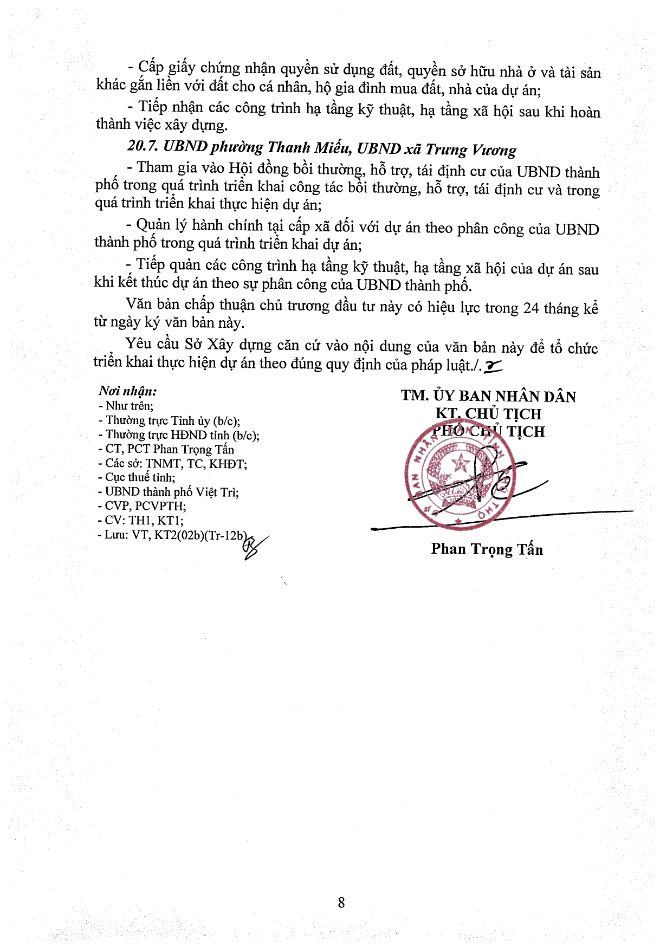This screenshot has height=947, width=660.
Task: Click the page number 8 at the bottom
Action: (341, 902)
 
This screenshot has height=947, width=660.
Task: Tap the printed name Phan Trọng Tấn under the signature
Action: (487, 549)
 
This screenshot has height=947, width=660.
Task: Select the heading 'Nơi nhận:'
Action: (128, 391)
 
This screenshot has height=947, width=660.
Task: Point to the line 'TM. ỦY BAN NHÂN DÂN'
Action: (488, 396)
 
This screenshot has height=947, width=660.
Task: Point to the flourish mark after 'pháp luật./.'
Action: (494, 367)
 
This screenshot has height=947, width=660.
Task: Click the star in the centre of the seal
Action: (461, 463)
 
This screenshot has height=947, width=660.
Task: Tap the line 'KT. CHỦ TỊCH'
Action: (488, 414)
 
